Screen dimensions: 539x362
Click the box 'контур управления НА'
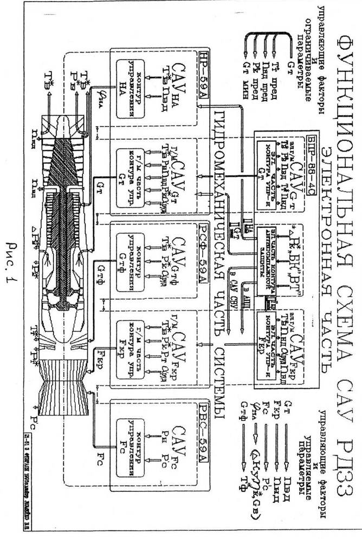click(x=128, y=76)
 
